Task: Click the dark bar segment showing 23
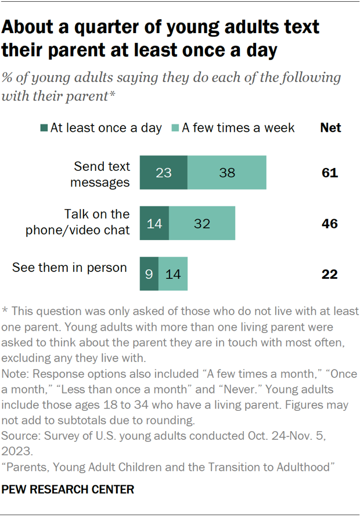click(x=163, y=173)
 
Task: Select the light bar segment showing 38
click(x=227, y=173)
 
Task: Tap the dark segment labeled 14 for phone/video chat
click(x=154, y=223)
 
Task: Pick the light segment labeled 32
click(x=202, y=223)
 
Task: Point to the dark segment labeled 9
click(x=149, y=274)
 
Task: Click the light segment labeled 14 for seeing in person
click(x=172, y=274)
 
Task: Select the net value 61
click(x=329, y=173)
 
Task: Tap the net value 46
click(x=329, y=224)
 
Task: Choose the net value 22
click(x=329, y=274)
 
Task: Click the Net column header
click(x=330, y=128)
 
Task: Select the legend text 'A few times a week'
click(x=238, y=128)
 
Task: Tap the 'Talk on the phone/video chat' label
click(x=78, y=221)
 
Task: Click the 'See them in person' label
click(x=70, y=268)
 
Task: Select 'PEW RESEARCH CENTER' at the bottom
click(x=68, y=490)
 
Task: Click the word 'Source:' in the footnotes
click(x=21, y=435)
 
